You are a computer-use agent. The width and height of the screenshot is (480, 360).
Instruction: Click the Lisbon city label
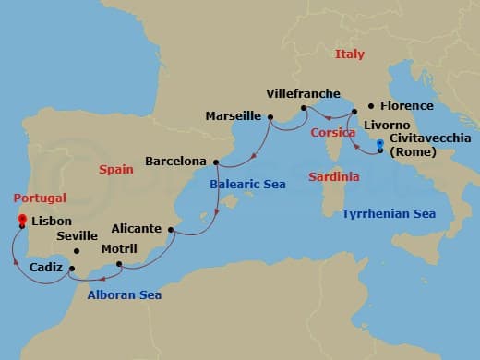coord(52,222)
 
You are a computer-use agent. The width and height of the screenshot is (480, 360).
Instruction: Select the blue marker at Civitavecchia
coord(380,143)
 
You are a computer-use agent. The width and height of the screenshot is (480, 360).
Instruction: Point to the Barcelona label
coord(175,162)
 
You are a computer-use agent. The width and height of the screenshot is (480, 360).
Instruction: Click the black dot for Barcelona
coord(216,163)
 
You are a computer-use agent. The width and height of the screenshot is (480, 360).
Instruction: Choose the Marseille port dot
coord(270,116)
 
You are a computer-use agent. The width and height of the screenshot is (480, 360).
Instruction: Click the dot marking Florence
coord(370,106)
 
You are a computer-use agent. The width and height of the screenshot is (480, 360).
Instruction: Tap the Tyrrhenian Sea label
coord(389,213)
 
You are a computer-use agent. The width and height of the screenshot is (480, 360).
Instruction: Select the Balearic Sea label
coord(247,185)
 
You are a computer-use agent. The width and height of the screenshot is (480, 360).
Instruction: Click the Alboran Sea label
coord(125,295)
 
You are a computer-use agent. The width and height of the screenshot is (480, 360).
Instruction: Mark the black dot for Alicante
coord(171,229)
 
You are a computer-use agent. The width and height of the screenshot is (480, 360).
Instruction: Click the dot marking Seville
coord(77,251)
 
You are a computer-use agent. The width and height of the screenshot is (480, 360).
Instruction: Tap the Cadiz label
coord(45,267)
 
